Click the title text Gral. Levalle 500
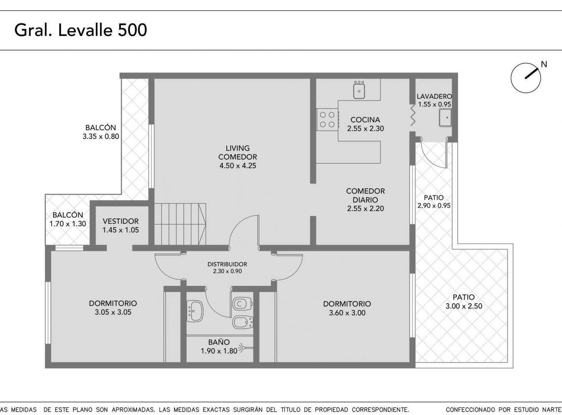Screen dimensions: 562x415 (80, 30)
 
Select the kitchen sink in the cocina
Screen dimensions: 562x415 (359, 90)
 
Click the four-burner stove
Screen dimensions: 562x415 (327, 120)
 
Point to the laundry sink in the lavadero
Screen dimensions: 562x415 (445, 118)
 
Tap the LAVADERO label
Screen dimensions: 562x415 (434, 96)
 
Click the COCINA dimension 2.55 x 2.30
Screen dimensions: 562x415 (365, 129)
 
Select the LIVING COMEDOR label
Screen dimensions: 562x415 (238, 153)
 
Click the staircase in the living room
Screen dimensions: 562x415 (180, 224)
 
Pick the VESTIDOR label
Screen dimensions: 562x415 (121, 221)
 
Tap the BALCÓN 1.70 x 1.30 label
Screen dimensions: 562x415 (68, 219)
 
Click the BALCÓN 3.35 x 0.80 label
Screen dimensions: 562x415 (101, 132)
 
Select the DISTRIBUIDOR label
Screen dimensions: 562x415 (227, 264)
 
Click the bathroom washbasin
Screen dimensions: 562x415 (195, 311)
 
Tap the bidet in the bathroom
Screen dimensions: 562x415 (243, 322)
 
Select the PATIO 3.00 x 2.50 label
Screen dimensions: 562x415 (464, 302)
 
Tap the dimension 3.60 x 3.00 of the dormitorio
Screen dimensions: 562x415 (347, 313)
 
